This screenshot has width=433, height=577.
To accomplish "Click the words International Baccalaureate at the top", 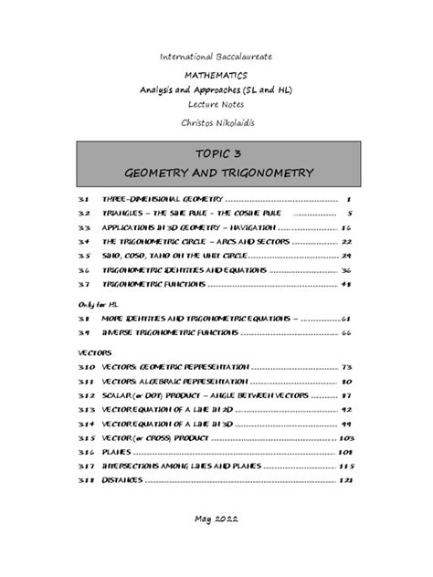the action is point(216,57).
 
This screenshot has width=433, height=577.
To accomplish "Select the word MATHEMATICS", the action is point(216,78).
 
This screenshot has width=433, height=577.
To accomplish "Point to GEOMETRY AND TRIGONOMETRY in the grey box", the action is point(216,173).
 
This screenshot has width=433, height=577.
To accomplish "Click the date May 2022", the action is point(216,519).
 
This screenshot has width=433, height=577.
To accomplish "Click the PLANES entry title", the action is point(121,451).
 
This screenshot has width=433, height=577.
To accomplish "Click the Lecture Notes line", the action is point(216,106).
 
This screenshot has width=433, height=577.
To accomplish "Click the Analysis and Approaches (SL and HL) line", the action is point(216,92).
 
